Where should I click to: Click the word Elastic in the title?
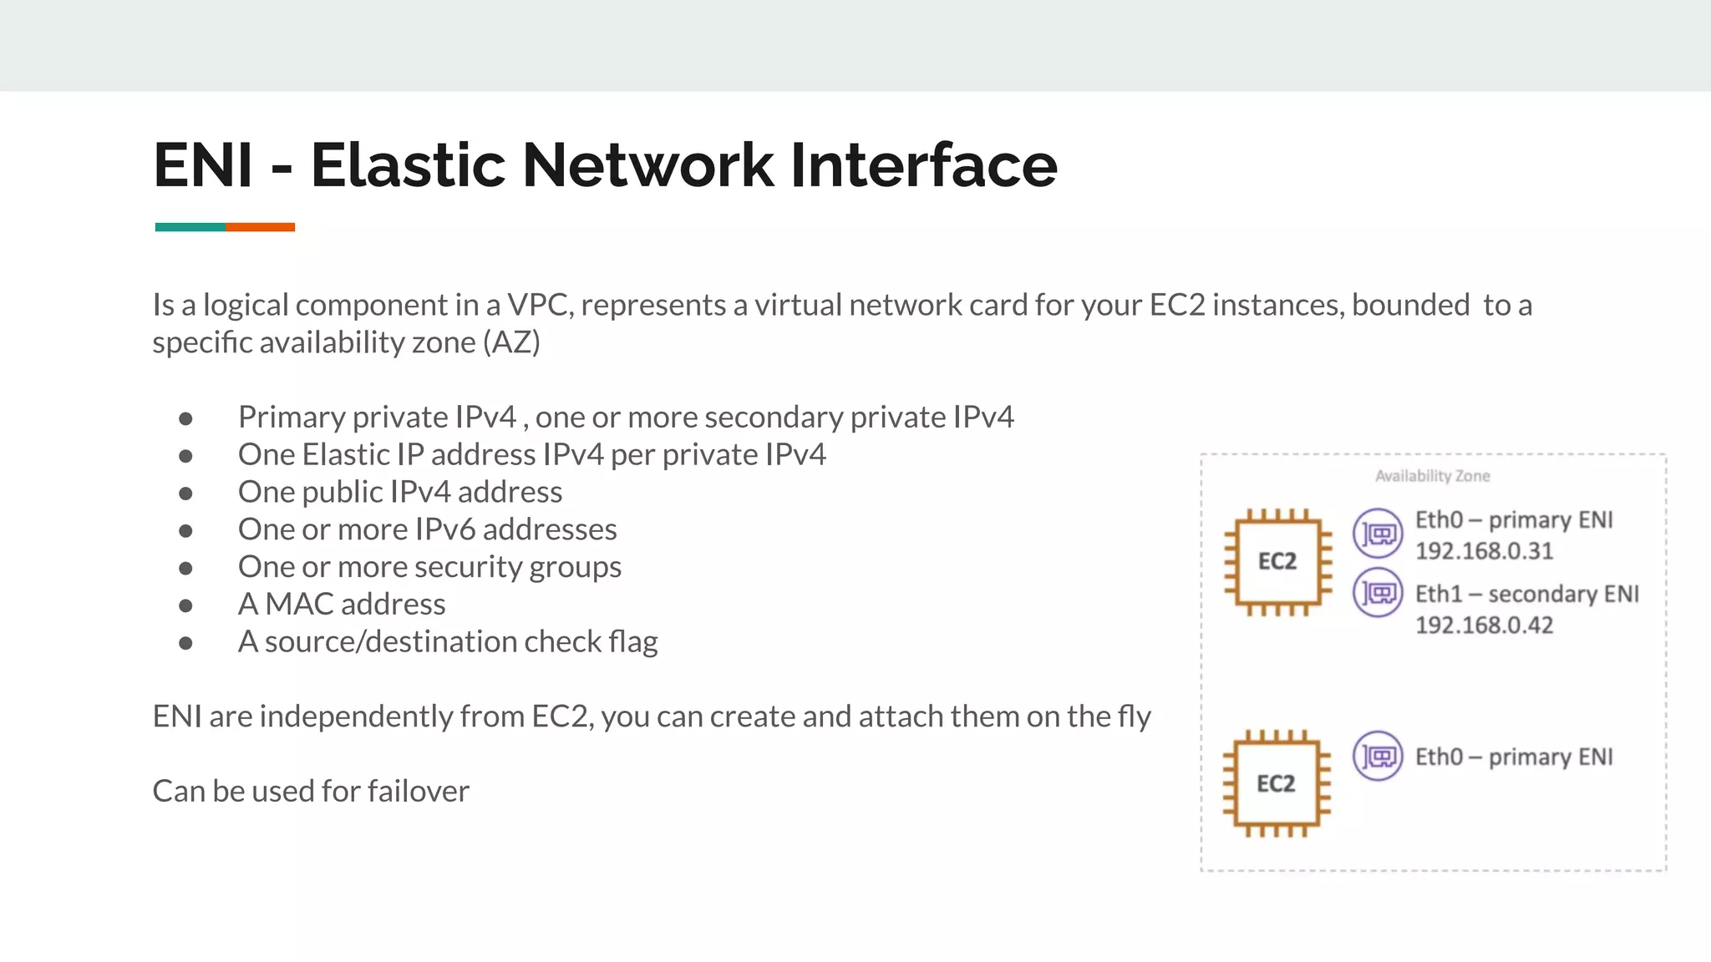click(x=408, y=165)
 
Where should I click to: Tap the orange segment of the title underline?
click(x=260, y=227)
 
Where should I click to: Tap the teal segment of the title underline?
click(x=190, y=227)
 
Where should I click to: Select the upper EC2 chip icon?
click(x=1277, y=561)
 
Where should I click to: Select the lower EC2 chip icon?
click(x=1276, y=783)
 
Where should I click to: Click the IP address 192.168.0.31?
click(x=1484, y=551)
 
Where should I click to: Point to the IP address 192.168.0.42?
click(x=1484, y=625)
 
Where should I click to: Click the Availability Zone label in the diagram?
click(x=1432, y=476)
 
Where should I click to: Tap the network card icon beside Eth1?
click(x=1378, y=593)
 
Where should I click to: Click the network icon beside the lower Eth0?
click(x=1378, y=756)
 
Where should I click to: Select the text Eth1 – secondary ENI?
click(x=1526, y=594)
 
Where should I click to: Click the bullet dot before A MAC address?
click(x=185, y=605)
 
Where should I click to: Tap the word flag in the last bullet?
click(x=633, y=641)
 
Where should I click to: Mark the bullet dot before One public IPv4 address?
click(x=185, y=493)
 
